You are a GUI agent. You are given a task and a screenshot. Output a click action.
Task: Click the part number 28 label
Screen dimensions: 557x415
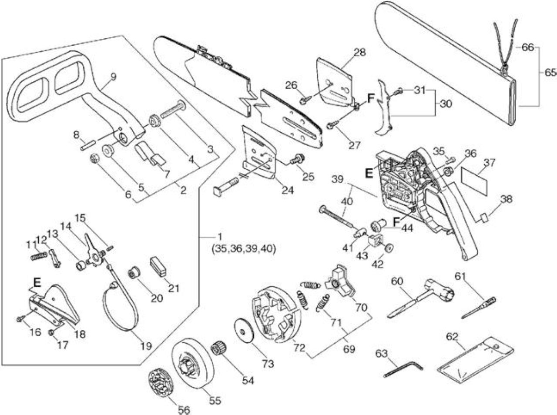click(x=359, y=53)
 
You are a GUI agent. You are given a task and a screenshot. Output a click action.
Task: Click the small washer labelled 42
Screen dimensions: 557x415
click(x=389, y=248)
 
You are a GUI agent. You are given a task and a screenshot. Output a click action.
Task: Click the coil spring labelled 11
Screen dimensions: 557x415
click(x=39, y=255)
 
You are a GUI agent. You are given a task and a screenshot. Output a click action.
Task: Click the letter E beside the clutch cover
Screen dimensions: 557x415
click(x=369, y=173)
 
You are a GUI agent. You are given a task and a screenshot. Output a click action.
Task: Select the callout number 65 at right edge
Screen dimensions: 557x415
click(x=550, y=73)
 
